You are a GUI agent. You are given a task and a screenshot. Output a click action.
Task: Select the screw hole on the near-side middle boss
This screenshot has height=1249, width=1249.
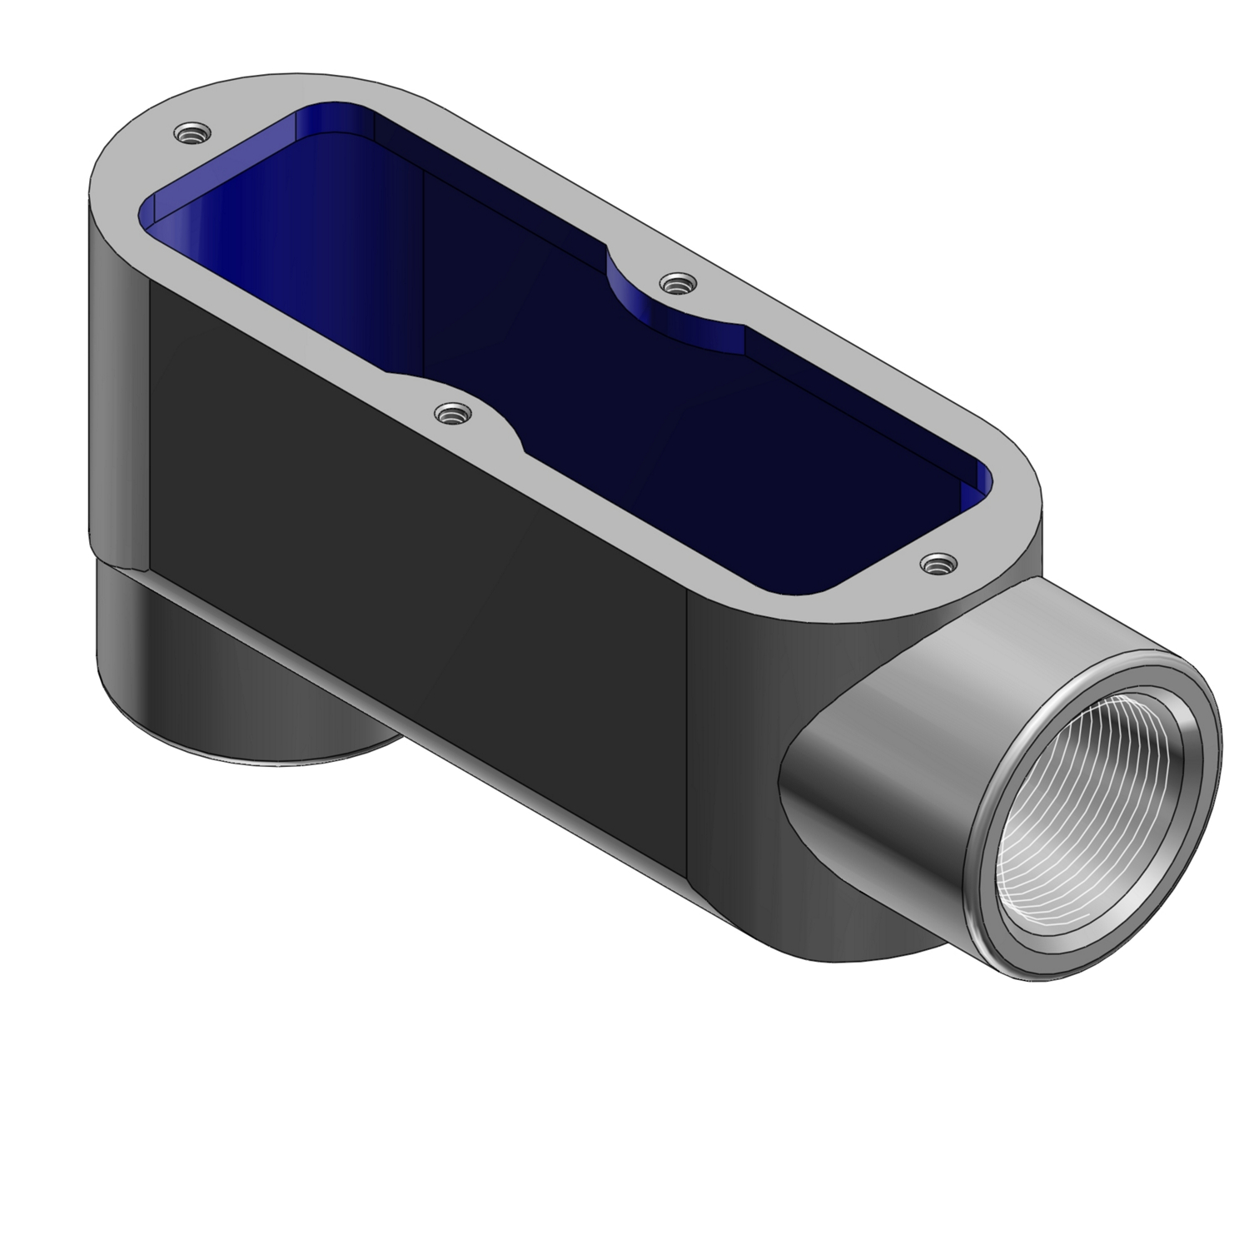click(453, 413)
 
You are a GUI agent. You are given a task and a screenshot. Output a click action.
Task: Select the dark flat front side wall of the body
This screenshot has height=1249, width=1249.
click(416, 583)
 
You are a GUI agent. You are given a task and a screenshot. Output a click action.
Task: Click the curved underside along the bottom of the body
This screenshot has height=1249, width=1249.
click(500, 749)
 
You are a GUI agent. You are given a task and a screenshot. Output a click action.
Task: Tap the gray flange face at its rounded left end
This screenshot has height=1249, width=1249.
click(125, 175)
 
